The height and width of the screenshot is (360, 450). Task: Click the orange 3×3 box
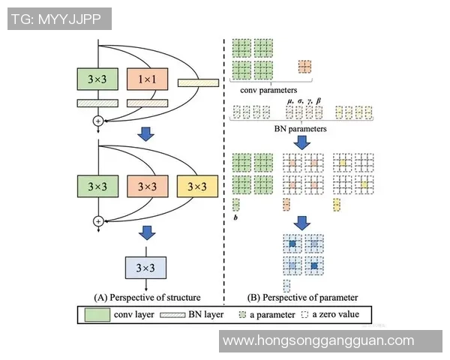(x=147, y=184)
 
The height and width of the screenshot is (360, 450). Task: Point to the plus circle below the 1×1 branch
(x=97, y=120)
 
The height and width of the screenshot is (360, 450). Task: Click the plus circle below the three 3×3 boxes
(x=97, y=221)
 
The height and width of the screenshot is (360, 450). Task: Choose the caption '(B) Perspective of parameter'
(x=301, y=296)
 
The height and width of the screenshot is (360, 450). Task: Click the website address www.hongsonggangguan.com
(x=329, y=340)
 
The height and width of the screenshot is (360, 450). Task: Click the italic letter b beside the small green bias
(x=235, y=216)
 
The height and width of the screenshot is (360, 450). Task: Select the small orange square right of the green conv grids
(x=304, y=67)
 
